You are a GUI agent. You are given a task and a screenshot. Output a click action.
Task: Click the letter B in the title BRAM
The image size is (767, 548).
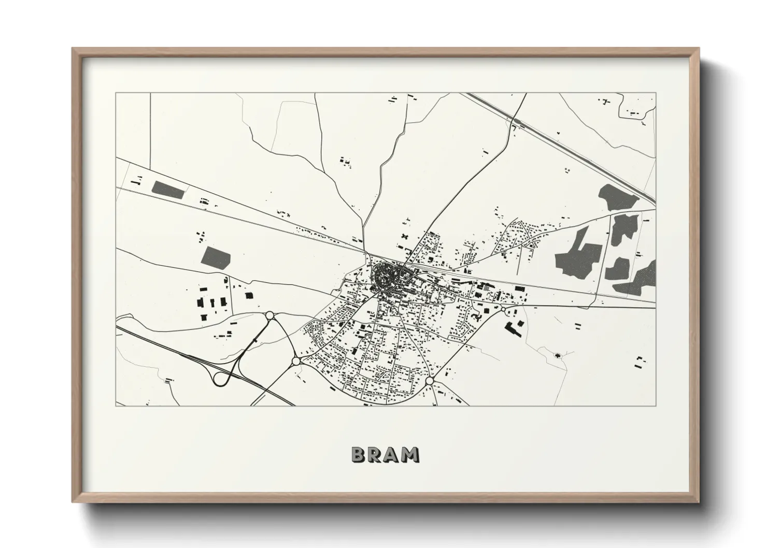click(359, 455)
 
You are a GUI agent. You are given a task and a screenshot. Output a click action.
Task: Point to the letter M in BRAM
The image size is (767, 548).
click(411, 455)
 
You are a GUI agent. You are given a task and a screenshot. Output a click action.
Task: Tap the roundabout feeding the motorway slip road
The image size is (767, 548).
click(269, 315)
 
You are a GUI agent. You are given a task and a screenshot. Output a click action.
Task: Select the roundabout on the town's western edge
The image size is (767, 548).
click(296, 361)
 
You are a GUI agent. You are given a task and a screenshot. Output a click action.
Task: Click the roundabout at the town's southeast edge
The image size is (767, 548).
click(429, 381)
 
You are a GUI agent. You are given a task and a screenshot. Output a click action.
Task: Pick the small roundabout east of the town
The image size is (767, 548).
click(502, 309)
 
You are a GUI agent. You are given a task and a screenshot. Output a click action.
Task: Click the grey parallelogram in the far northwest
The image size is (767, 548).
click(168, 189)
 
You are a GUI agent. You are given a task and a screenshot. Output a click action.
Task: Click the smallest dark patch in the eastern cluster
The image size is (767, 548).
click(618, 268)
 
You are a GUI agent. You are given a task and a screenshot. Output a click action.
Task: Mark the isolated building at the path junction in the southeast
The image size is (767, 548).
click(557, 355)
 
